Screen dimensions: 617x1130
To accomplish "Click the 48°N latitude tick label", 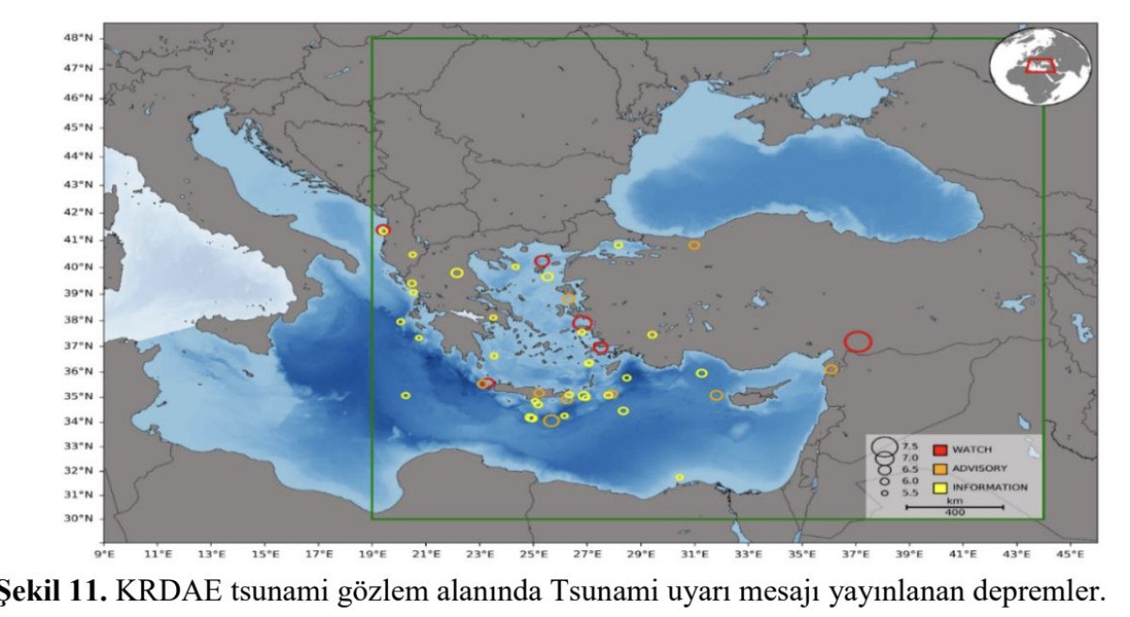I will pyautogui.click(x=79, y=38).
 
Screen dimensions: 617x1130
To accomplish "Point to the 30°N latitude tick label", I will pyautogui.click(x=79, y=518).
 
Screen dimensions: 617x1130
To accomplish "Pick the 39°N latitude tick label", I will pyautogui.click(x=79, y=293).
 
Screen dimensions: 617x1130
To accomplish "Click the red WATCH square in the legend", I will pyautogui.click(x=939, y=449).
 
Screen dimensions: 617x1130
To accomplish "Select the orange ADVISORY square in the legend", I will pyautogui.click(x=939, y=468).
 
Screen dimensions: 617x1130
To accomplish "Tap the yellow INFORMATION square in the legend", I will pyautogui.click(x=939, y=487).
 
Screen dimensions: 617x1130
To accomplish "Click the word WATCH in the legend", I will pyautogui.click(x=971, y=449).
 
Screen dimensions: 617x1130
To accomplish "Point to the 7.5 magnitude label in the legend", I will pyautogui.click(x=910, y=446).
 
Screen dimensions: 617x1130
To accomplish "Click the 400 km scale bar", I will pyautogui.click(x=954, y=507).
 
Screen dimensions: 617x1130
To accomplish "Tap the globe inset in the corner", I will pyautogui.click(x=1040, y=66).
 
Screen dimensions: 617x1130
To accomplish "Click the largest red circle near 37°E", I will pyautogui.click(x=858, y=342).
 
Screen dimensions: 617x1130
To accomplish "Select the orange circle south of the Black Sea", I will pyautogui.click(x=694, y=246).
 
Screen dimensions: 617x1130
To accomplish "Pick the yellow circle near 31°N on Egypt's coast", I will pyautogui.click(x=679, y=478).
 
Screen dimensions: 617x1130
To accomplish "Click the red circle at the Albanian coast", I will pyautogui.click(x=382, y=230).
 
